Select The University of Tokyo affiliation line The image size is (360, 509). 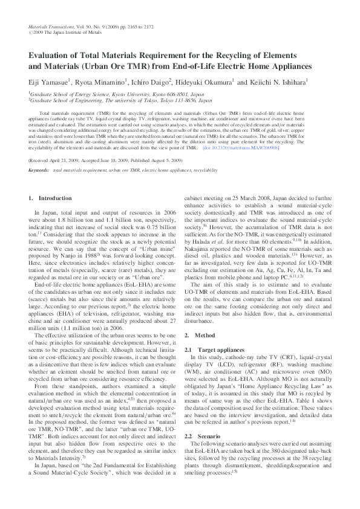[115, 101]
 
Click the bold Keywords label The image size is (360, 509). [39, 170]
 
